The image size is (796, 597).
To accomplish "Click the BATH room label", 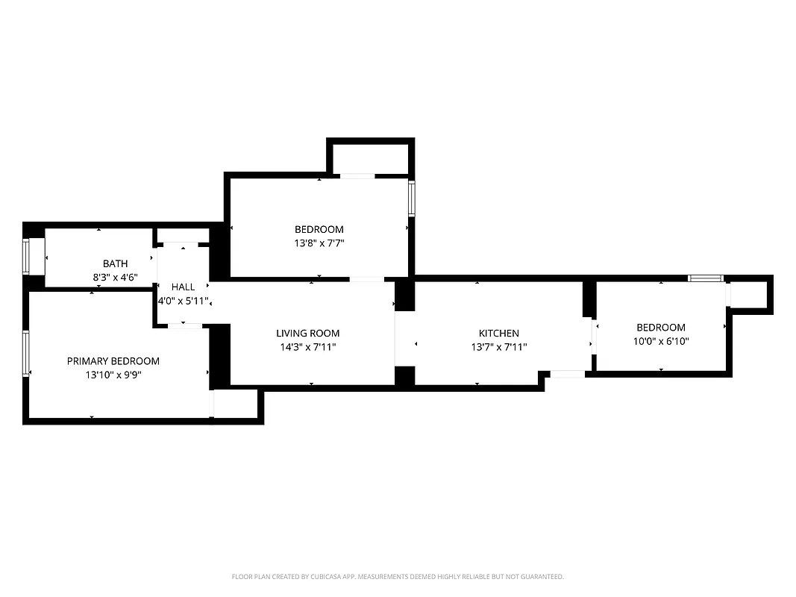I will click(x=115, y=263).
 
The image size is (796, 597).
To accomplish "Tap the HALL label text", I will click(x=183, y=287).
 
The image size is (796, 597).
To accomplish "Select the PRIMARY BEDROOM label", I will click(x=113, y=361).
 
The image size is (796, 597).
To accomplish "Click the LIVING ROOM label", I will click(x=307, y=334).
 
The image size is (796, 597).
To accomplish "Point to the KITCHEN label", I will click(x=498, y=334).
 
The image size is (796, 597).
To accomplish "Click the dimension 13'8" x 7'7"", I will click(x=319, y=243).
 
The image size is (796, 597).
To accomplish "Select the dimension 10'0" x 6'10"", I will click(x=660, y=342).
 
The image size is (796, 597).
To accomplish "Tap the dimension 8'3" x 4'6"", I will click(x=115, y=277).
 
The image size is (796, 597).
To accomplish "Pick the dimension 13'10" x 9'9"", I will click(x=113, y=375).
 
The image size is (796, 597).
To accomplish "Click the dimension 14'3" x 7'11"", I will click(x=307, y=348).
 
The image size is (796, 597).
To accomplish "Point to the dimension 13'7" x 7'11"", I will click(x=498, y=348).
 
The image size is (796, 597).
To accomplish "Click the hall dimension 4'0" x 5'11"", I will click(x=183, y=301).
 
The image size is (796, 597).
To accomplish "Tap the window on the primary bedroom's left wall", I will click(x=26, y=354).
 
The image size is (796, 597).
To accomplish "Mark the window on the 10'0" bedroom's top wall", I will click(x=705, y=278).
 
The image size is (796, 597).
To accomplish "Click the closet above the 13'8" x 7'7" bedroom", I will click(x=370, y=157).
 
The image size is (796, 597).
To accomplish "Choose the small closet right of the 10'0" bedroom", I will click(x=749, y=293).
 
